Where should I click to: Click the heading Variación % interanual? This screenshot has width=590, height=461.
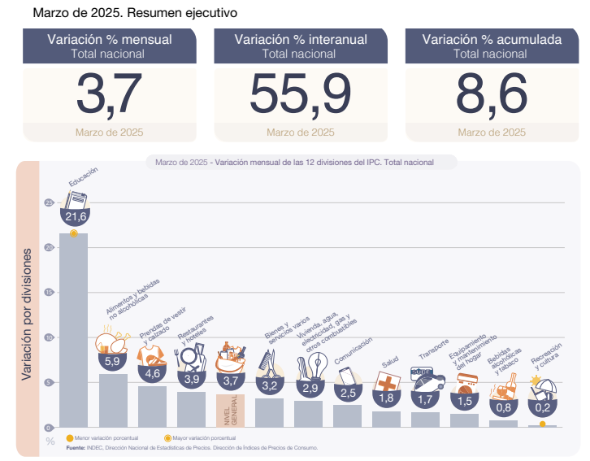pos(301,39)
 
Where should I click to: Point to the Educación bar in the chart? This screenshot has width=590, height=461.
pos(74,325)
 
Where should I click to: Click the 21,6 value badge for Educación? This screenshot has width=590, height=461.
pos(76,215)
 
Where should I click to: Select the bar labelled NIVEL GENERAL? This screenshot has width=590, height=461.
pos(230,410)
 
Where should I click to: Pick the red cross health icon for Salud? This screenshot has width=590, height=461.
pos(387,381)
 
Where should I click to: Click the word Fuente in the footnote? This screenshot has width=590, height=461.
pos(75,447)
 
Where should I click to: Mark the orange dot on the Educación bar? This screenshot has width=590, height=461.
pos(74,233)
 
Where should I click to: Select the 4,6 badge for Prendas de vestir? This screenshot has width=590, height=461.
pos(151,374)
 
